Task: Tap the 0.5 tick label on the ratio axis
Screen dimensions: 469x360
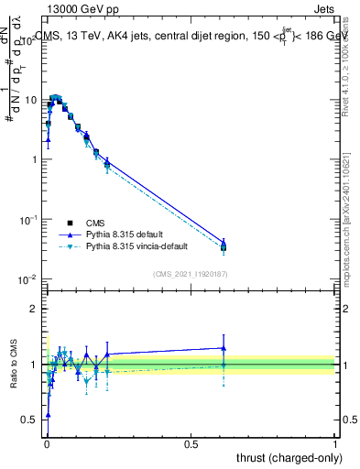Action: [31, 420]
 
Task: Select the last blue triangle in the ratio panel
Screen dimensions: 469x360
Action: [224, 348]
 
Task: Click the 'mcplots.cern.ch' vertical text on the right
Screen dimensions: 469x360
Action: [353, 229]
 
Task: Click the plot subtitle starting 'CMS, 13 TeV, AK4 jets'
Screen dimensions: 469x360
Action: [183, 37]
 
